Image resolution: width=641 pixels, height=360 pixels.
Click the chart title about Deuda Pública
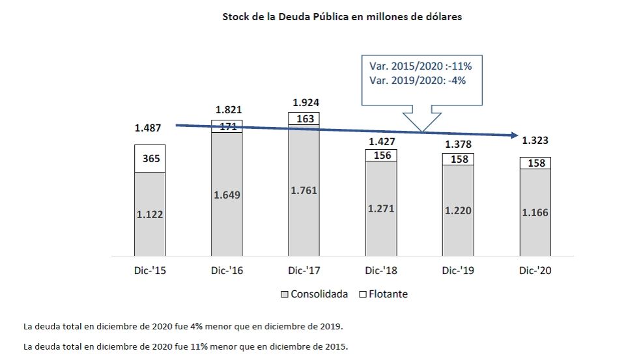[x=342, y=17]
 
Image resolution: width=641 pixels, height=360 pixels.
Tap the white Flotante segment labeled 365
[x=150, y=158]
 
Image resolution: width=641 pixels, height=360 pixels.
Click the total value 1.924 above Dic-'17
[x=306, y=102]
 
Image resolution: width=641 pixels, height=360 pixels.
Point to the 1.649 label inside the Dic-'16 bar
[x=227, y=194]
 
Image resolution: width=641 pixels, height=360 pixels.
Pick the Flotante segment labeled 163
[x=304, y=118]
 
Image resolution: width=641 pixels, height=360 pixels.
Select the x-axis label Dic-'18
[x=381, y=271]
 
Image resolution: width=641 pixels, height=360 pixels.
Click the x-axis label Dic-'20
[x=535, y=271]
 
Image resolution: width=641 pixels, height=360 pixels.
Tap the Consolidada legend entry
[x=315, y=294]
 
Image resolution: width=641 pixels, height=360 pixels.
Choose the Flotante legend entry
[x=384, y=294]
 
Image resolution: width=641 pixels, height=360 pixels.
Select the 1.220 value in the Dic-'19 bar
[x=458, y=210]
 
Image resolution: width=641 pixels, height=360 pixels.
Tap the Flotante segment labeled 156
[x=381, y=155]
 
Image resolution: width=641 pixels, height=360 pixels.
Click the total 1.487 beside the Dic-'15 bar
[x=148, y=128]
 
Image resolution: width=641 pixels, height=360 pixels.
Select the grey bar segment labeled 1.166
[x=535, y=212]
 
